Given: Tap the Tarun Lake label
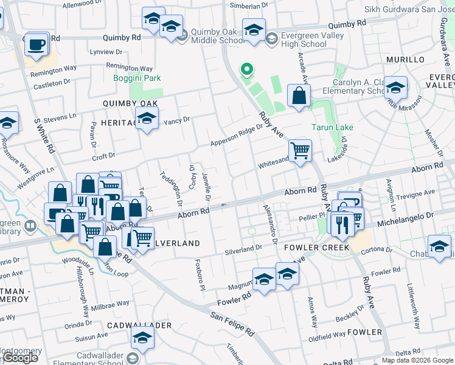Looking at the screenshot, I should pos(332,128).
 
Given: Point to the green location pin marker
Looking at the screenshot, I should pos(247,71).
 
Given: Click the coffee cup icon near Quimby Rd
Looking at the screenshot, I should pos(36,44).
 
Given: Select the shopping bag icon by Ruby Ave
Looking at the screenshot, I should pos(299,96).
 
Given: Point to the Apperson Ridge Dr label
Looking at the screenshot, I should pos(237,136).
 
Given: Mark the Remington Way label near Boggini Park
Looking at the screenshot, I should pos(129,69).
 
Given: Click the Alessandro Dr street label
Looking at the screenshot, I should pos(268,222).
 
